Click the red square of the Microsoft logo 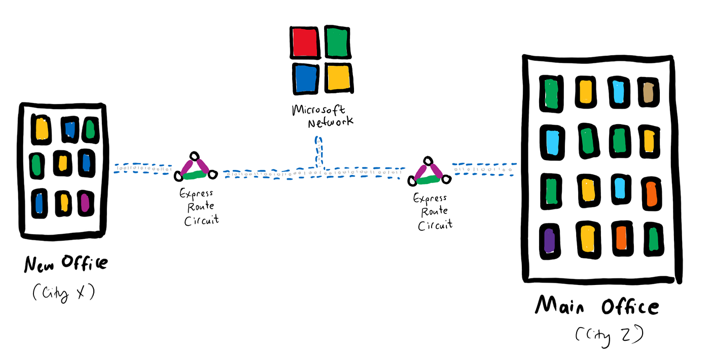[x=305, y=42]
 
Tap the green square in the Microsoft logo [x=338, y=42]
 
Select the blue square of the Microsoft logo [x=306, y=78]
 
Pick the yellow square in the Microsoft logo [x=338, y=78]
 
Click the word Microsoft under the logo [x=318, y=110]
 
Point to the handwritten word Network [x=330, y=122]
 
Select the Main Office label [x=597, y=307]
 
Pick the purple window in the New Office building [x=85, y=202]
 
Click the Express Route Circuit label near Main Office [x=434, y=211]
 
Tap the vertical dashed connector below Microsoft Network [x=318, y=151]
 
